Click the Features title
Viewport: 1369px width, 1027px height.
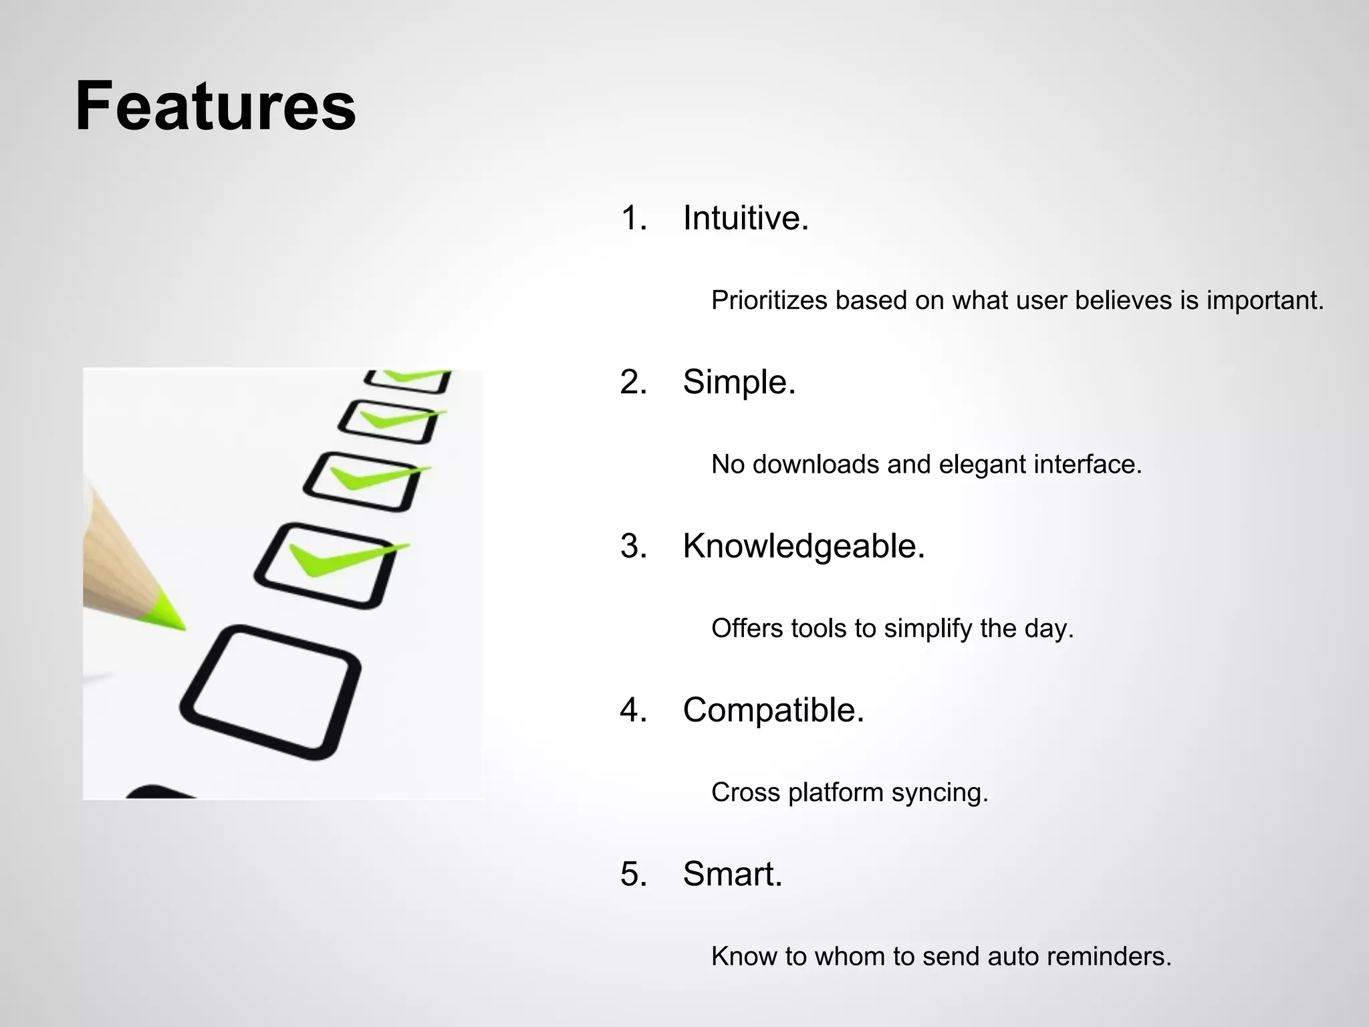[215, 107]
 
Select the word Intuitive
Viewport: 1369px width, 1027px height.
[745, 218]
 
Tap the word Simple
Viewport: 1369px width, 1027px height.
[738, 382]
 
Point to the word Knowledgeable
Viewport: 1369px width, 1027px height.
[803, 546]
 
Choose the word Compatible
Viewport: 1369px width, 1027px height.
[773, 709]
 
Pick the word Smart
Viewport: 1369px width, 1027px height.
[731, 873]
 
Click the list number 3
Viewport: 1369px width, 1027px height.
[632, 546]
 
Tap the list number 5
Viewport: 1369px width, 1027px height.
[632, 873]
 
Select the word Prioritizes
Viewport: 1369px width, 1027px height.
[769, 300]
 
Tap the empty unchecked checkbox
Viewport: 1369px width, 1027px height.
[271, 692]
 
